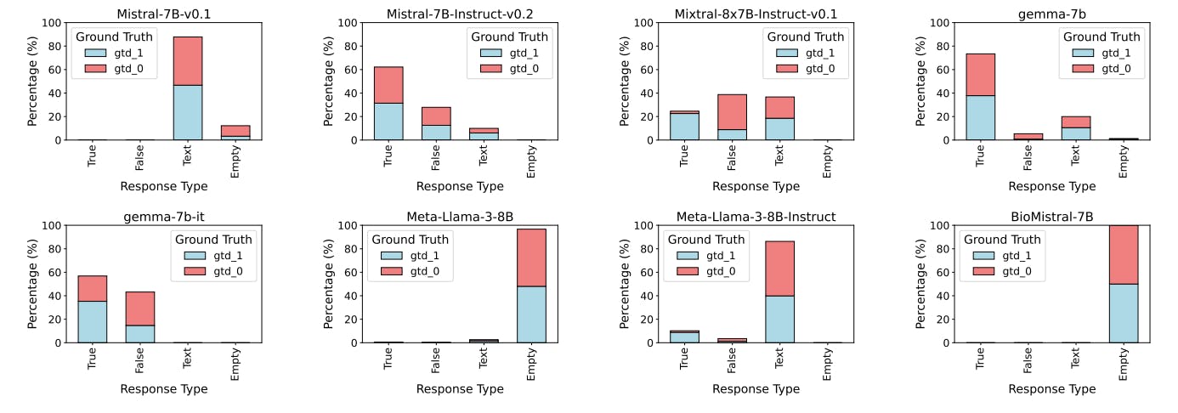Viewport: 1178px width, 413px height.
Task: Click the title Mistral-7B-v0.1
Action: pyautogui.click(x=163, y=14)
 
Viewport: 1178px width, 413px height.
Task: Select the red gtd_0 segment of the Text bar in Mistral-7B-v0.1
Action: pyautogui.click(x=187, y=60)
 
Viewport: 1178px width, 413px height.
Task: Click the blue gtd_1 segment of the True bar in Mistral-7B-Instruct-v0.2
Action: pyautogui.click(x=388, y=122)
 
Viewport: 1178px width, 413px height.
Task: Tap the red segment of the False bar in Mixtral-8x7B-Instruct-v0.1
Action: pyautogui.click(x=732, y=111)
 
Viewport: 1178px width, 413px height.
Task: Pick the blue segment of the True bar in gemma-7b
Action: pyautogui.click(x=981, y=117)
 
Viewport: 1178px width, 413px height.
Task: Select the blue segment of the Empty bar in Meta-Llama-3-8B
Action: pyautogui.click(x=531, y=314)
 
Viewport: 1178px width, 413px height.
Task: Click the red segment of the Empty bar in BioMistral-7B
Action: pyautogui.click(x=1123, y=255)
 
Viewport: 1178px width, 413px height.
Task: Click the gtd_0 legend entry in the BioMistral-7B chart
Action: pyautogui.click(x=1017, y=271)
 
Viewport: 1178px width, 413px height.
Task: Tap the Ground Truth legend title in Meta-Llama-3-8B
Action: pyautogui.click(x=411, y=239)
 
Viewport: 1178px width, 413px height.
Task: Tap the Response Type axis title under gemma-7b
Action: pyautogui.click(x=1052, y=186)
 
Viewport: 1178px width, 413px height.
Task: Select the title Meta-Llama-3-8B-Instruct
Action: pyautogui.click(x=756, y=217)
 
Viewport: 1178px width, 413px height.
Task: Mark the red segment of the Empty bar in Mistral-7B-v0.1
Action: pyautogui.click(x=235, y=130)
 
